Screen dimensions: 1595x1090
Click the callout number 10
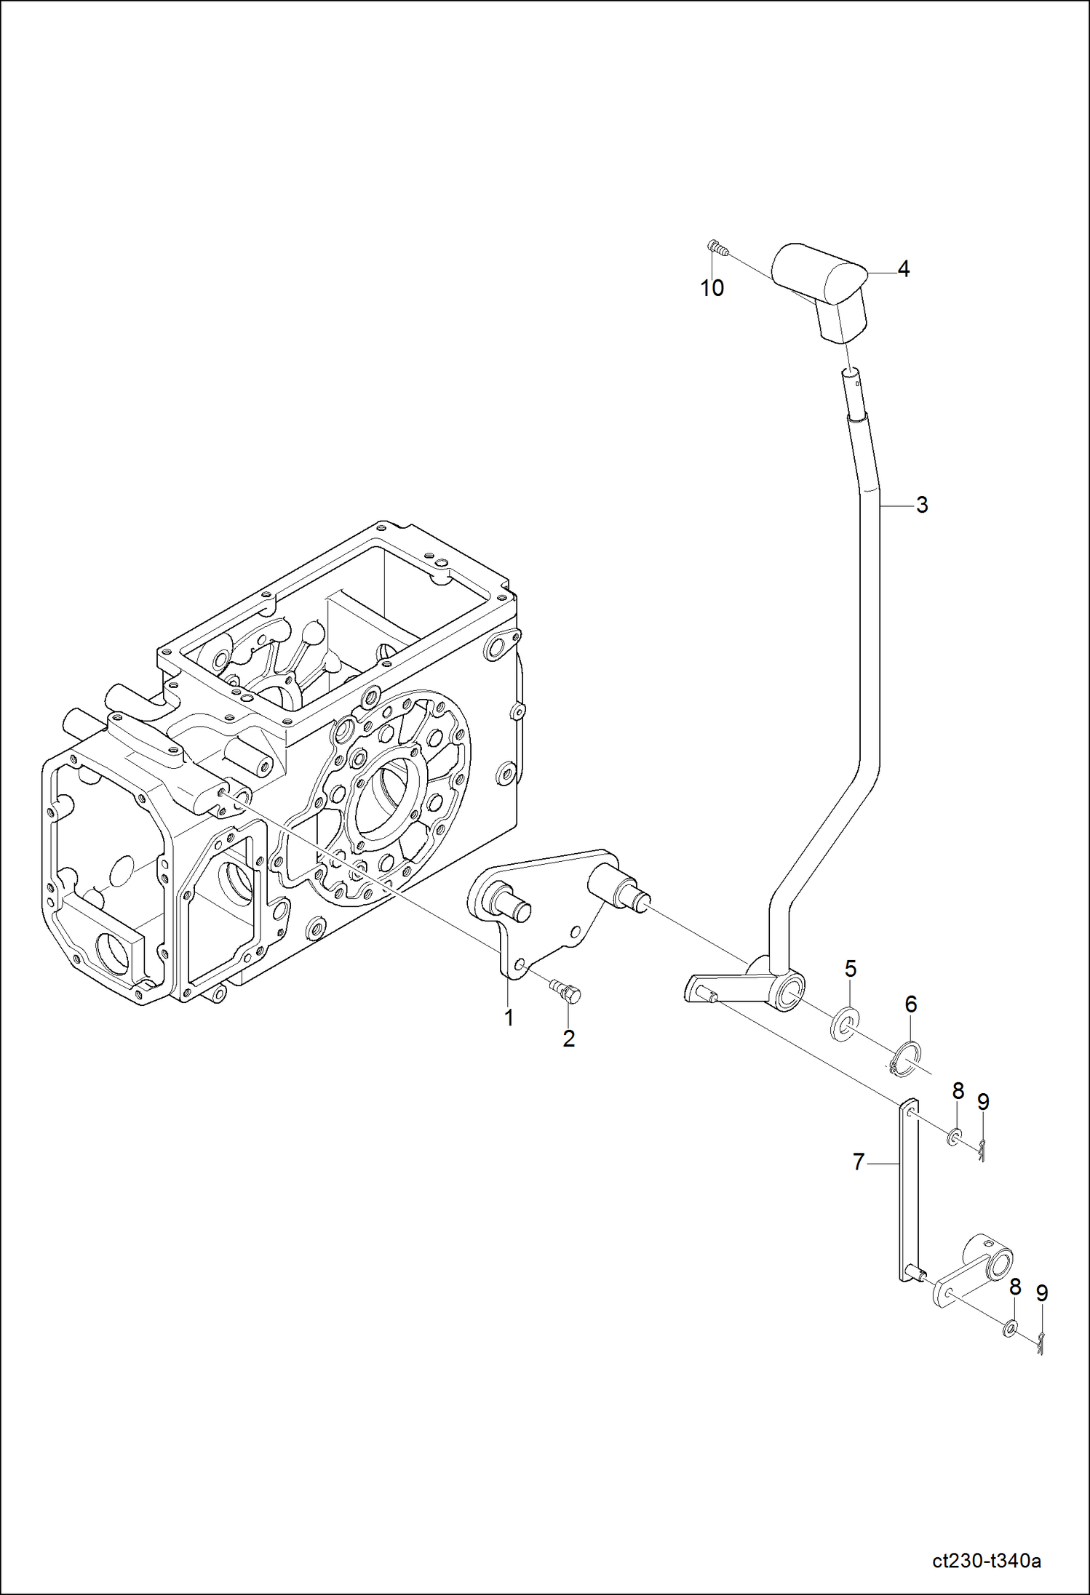pyautogui.click(x=712, y=288)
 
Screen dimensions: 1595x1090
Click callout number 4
pyautogui.click(x=903, y=270)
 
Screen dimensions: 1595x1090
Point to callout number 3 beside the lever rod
pyautogui.click(x=922, y=505)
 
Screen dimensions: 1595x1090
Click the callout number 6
pyautogui.click(x=910, y=1004)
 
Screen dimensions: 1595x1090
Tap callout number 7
pyautogui.click(x=859, y=1162)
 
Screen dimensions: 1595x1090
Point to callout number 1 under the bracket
pyautogui.click(x=509, y=1018)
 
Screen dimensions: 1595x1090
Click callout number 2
pyautogui.click(x=568, y=1039)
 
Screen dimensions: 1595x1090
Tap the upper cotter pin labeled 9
pyautogui.click(x=982, y=1148)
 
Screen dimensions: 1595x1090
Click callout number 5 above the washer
pyautogui.click(x=850, y=969)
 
